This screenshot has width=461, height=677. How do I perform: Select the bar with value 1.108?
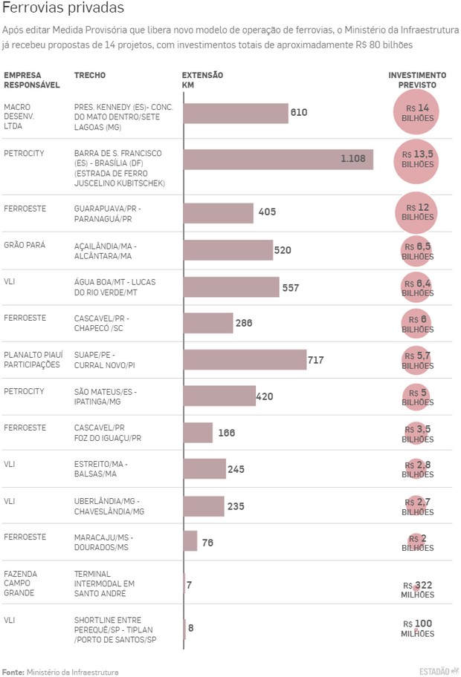278,159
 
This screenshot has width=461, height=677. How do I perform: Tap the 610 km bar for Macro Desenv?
236,113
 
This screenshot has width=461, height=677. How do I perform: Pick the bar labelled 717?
245,359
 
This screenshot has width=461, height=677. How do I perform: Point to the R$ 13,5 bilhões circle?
416,159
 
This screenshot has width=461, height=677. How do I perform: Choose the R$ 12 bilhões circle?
416,212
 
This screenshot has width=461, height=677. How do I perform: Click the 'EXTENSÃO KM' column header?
202,80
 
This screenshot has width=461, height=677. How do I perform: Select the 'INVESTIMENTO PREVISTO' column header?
417,80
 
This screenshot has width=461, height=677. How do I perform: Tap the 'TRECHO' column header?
90,76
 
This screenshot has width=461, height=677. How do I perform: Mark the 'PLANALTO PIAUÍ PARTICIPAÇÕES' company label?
32,360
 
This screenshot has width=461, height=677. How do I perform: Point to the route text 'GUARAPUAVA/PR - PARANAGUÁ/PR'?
107,214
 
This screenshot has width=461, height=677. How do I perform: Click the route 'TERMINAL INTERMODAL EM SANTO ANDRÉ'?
104,583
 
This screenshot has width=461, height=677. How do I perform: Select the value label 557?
291,287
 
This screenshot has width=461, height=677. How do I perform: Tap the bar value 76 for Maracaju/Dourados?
207,543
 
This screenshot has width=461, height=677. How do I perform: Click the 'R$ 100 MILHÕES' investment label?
417,628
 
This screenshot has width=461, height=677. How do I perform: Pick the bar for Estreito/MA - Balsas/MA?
204,468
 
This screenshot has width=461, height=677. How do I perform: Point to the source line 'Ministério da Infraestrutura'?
72,672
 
